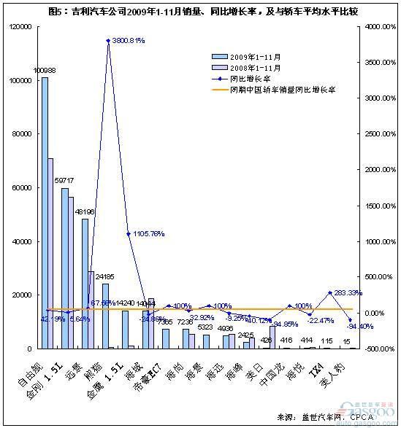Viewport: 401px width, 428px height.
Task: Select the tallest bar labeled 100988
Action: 45,211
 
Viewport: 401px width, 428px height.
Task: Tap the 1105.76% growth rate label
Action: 148,234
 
